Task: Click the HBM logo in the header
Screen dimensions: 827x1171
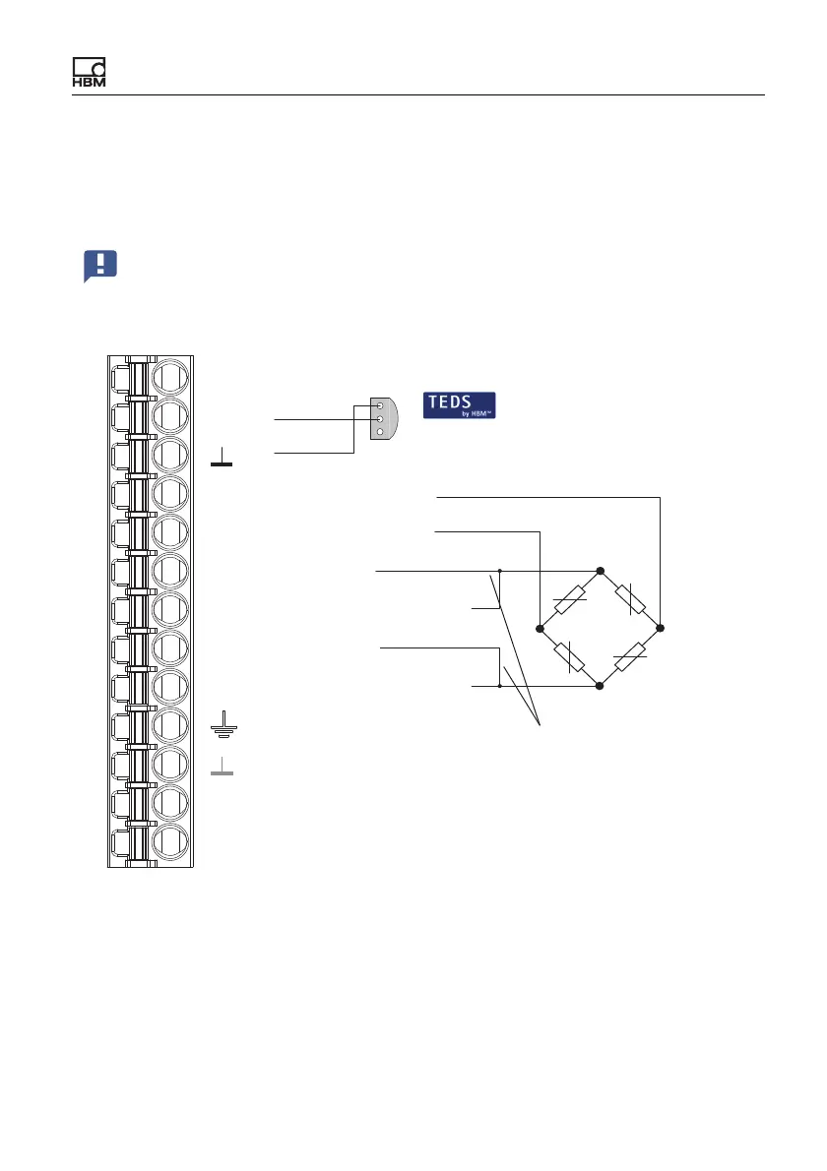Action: [89, 73]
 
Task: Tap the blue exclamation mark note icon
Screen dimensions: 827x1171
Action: [100, 266]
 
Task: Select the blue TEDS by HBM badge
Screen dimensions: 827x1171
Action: [460, 405]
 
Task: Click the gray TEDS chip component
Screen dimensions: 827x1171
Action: [384, 418]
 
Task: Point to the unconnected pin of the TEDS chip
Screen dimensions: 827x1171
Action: [380, 432]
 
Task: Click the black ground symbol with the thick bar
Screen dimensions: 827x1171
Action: [222, 457]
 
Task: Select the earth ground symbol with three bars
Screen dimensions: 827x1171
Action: [223, 724]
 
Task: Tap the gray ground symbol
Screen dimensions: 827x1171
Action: [222, 767]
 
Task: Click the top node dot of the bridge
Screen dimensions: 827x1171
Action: [600, 571]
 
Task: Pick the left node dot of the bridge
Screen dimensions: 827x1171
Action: [541, 629]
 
